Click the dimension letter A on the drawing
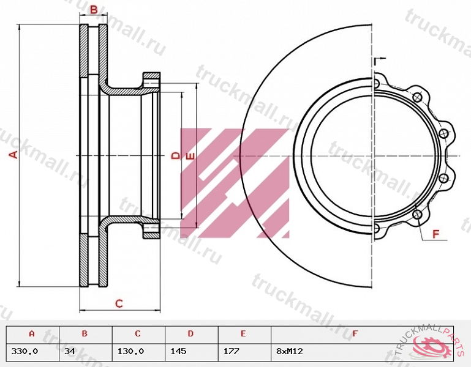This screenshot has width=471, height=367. [13, 155]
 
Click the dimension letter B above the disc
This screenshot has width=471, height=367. [94, 10]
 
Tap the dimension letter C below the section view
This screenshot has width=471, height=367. [119, 303]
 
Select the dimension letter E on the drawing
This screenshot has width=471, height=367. [190, 157]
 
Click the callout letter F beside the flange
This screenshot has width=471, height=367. [436, 234]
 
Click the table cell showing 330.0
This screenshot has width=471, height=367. [24, 351]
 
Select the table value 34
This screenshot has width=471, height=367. [69, 351]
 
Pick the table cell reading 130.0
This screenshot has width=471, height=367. [130, 351]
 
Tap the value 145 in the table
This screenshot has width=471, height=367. [178, 351]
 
